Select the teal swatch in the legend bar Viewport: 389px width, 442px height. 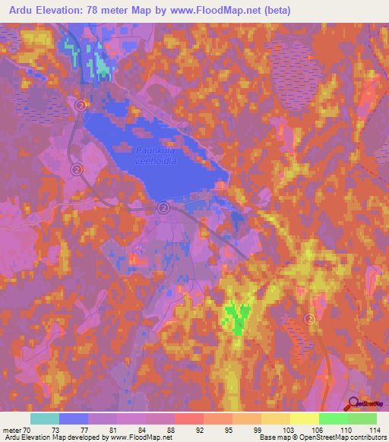pyautogui.click(x=45, y=418)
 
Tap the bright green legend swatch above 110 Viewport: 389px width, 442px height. pyautogui.click(x=334, y=418)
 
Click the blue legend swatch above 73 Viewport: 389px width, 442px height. pyautogui.click(x=74, y=418)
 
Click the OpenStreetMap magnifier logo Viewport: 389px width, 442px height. pyautogui.click(x=353, y=405)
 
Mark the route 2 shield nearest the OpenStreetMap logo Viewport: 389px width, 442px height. pyautogui.click(x=310, y=319)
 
